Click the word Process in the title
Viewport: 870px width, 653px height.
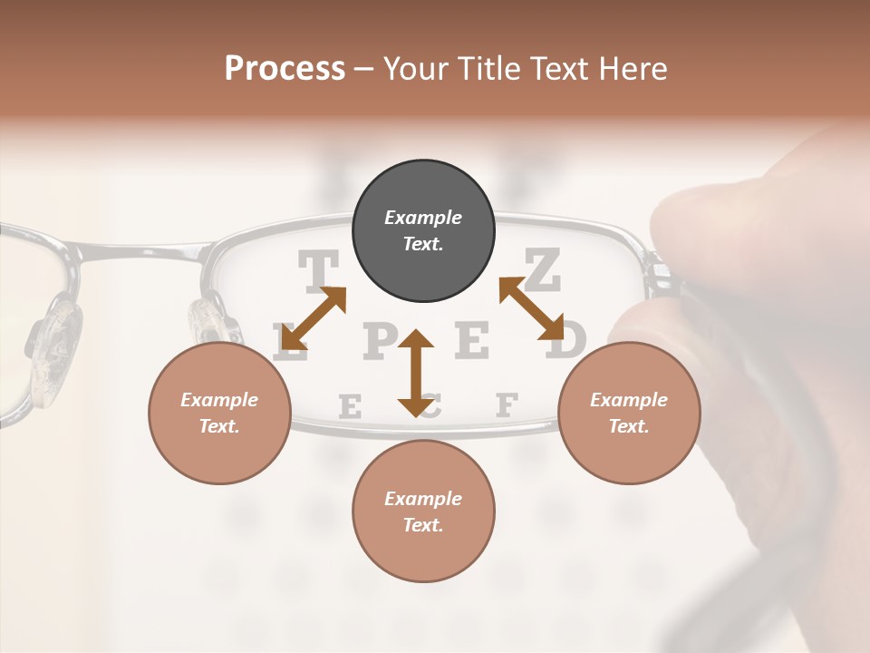pyautogui.click(x=285, y=69)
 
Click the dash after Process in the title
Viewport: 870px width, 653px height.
pyautogui.click(x=364, y=71)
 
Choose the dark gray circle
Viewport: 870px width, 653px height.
pyautogui.click(x=423, y=230)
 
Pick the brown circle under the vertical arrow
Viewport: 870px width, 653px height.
pyautogui.click(x=423, y=511)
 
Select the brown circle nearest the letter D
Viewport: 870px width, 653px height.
pyautogui.click(x=628, y=413)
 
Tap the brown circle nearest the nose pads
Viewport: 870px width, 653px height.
pyautogui.click(x=219, y=413)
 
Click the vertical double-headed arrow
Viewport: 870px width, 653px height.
pyautogui.click(x=416, y=373)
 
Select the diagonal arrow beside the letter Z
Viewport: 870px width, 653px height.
pyautogui.click(x=531, y=309)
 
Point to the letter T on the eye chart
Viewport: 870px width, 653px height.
pyautogui.click(x=318, y=269)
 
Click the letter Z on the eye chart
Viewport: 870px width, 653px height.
pyautogui.click(x=543, y=269)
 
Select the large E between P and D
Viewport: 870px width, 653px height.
pyautogui.click(x=471, y=340)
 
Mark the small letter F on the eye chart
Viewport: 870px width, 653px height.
pyautogui.click(x=507, y=404)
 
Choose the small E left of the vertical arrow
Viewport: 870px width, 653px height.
pyautogui.click(x=349, y=407)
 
